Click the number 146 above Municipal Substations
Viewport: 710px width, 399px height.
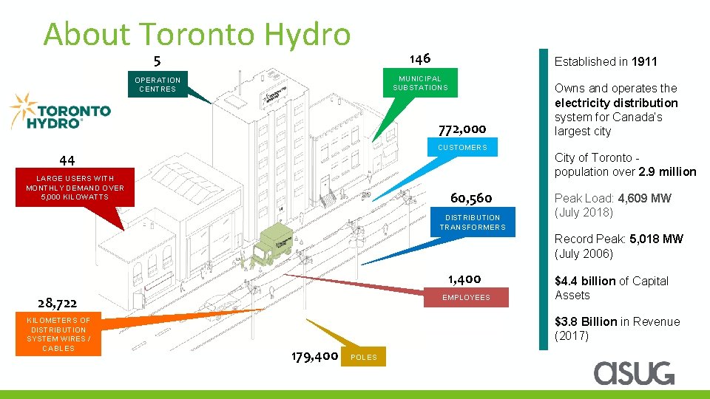coord(419,58)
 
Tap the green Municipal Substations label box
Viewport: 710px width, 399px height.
coord(420,83)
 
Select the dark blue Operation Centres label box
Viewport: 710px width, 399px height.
coord(158,84)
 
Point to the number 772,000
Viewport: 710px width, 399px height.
coord(461,129)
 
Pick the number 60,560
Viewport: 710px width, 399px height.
coord(471,198)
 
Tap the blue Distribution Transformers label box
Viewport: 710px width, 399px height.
coord(473,222)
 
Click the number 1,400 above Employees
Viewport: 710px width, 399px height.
coord(464,279)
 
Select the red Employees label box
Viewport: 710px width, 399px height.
coord(466,297)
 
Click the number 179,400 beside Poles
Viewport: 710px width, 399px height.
coord(315,357)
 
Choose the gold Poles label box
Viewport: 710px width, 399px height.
coord(363,357)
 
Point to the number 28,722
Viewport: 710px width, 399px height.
coord(58,302)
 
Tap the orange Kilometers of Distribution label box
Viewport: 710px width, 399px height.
coord(58,334)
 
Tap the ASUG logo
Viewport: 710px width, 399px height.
coord(634,372)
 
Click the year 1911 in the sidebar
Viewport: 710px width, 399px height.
coord(644,62)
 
